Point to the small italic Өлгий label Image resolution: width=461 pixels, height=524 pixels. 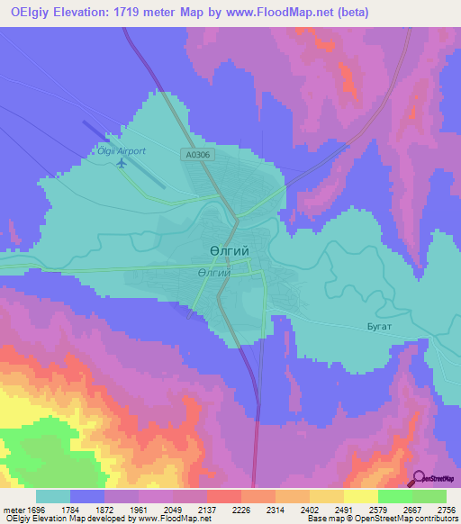click(x=212, y=272)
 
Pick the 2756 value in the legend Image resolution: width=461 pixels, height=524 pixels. click(x=446, y=510)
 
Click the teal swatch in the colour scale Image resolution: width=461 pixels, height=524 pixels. click(x=53, y=496)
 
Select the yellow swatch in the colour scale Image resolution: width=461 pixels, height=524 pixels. click(x=361, y=496)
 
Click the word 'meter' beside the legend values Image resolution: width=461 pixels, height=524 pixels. click(x=13, y=510)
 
